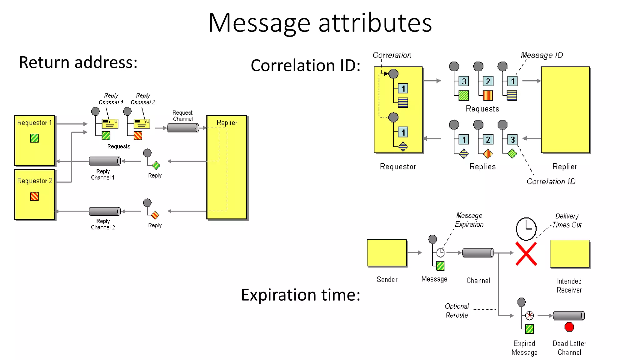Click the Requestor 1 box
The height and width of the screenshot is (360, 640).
click(35, 147)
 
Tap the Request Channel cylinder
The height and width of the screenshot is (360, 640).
click(183, 128)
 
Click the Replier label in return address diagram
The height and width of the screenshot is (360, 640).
click(227, 122)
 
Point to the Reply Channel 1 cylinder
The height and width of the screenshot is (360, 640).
click(105, 161)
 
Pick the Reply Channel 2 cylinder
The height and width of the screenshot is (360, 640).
click(105, 211)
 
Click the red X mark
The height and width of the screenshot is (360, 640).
click(526, 254)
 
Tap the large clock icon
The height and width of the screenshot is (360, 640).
click(526, 229)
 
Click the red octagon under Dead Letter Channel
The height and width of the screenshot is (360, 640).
click(569, 327)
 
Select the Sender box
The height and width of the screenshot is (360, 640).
click(387, 253)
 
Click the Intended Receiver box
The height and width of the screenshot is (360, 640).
click(569, 253)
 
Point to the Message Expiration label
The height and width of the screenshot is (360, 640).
click(469, 220)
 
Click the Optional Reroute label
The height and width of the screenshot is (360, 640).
click(457, 310)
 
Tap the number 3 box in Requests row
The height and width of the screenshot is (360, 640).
click(464, 81)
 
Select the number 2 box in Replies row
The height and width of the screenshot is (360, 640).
click(488, 139)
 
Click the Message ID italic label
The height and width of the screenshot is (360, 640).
click(542, 55)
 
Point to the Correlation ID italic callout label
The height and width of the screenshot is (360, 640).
click(551, 181)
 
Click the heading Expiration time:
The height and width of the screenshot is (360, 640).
click(300, 295)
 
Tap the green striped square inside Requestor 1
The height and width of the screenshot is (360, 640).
click(34, 138)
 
